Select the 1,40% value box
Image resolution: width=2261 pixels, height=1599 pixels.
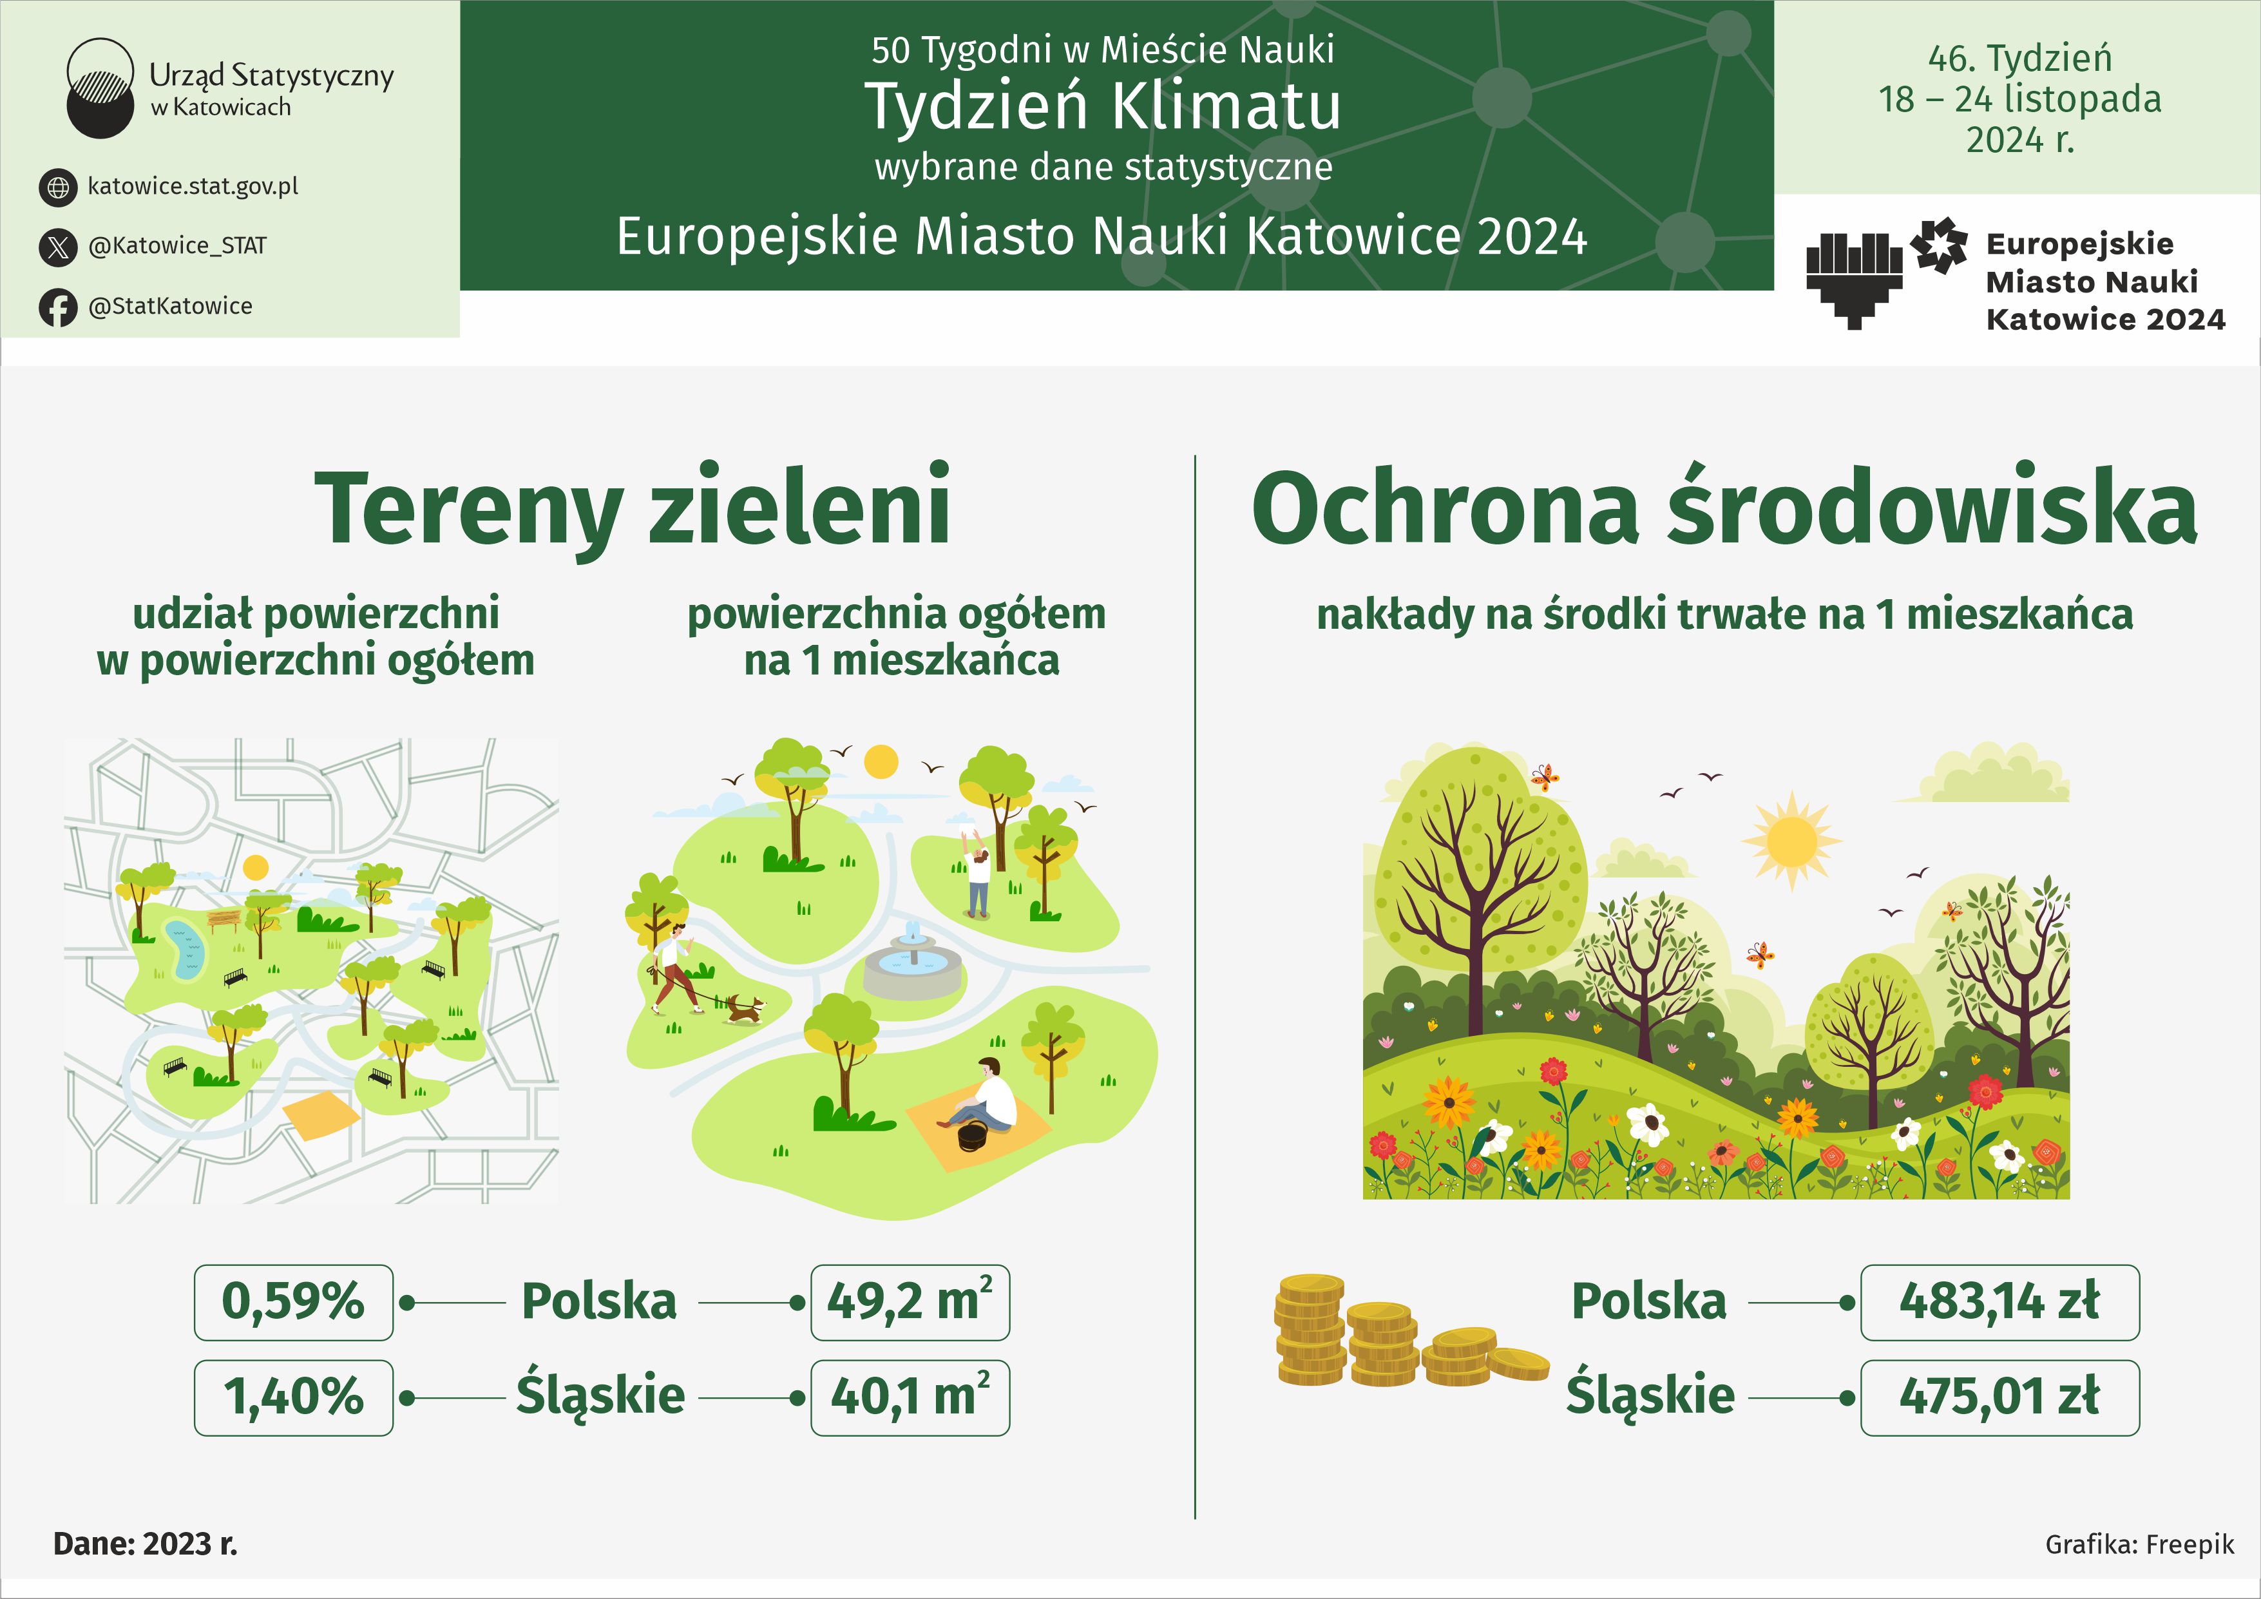tap(294, 1397)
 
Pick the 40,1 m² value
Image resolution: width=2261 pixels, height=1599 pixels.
tap(910, 1397)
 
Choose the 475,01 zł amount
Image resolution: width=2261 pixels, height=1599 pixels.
tap(1999, 1397)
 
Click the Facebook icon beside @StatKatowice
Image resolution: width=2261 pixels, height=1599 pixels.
tap(58, 307)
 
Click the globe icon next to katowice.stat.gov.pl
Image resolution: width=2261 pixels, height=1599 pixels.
tap(58, 187)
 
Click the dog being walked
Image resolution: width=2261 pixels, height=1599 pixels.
tap(745, 1007)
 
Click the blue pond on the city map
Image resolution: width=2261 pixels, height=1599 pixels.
tap(184, 951)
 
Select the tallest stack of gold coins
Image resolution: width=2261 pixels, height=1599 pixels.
tap(1309, 1329)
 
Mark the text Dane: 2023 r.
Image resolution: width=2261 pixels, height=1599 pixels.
tap(146, 1543)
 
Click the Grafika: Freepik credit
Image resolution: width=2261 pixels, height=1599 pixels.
tap(2139, 1544)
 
